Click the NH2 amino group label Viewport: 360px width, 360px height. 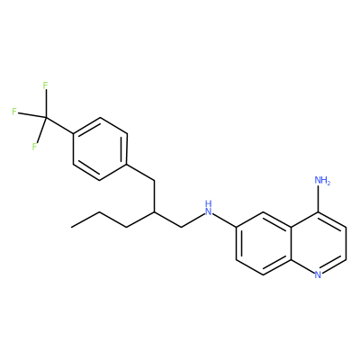(322, 181)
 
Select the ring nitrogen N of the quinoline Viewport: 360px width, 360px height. (319, 274)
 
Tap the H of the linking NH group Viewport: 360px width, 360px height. (209, 203)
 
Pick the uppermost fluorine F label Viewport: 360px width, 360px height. (45, 85)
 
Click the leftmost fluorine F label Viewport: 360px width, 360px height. (14, 112)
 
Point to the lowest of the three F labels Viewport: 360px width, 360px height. (34, 147)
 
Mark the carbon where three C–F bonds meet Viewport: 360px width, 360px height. (46, 118)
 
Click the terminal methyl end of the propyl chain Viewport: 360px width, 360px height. (71, 227)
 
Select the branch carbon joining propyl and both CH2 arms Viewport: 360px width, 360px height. (154, 211)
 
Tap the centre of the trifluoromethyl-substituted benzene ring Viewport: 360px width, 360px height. (100, 149)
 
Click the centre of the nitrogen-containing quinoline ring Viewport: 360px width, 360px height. (319, 243)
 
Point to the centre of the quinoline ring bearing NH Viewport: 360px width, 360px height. (264, 243)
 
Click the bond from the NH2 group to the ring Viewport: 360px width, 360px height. (319, 200)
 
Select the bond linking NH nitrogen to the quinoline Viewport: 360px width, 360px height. (224, 220)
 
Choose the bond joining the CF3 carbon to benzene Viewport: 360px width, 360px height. (59, 126)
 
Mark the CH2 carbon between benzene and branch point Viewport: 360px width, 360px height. (154, 181)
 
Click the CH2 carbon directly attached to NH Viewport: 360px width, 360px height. (182, 227)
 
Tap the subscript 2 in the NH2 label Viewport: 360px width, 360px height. (328, 183)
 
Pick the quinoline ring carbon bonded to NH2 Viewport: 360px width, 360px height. (319, 211)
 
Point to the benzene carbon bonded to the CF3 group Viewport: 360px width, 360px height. (73, 134)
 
